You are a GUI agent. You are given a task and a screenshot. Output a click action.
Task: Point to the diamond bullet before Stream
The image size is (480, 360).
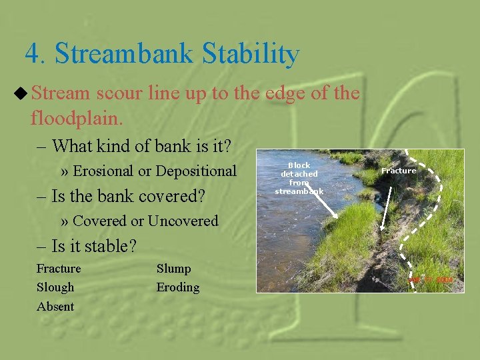tap(21, 94)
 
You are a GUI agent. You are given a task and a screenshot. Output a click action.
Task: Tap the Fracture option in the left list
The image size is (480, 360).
tap(59, 269)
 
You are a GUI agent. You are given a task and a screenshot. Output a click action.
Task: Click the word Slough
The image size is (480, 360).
tap(55, 287)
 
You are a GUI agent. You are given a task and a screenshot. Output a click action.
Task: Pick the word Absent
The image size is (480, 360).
tap(55, 307)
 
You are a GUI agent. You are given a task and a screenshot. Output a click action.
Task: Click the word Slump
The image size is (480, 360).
tap(173, 269)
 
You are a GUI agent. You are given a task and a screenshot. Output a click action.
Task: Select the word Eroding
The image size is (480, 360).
tap(178, 287)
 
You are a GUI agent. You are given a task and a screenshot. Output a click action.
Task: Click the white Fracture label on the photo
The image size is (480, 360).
tap(399, 171)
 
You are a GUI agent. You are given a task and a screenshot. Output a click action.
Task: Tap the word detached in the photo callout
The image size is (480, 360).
tap(299, 174)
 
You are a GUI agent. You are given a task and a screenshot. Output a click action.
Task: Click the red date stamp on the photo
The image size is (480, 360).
tap(430, 281)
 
